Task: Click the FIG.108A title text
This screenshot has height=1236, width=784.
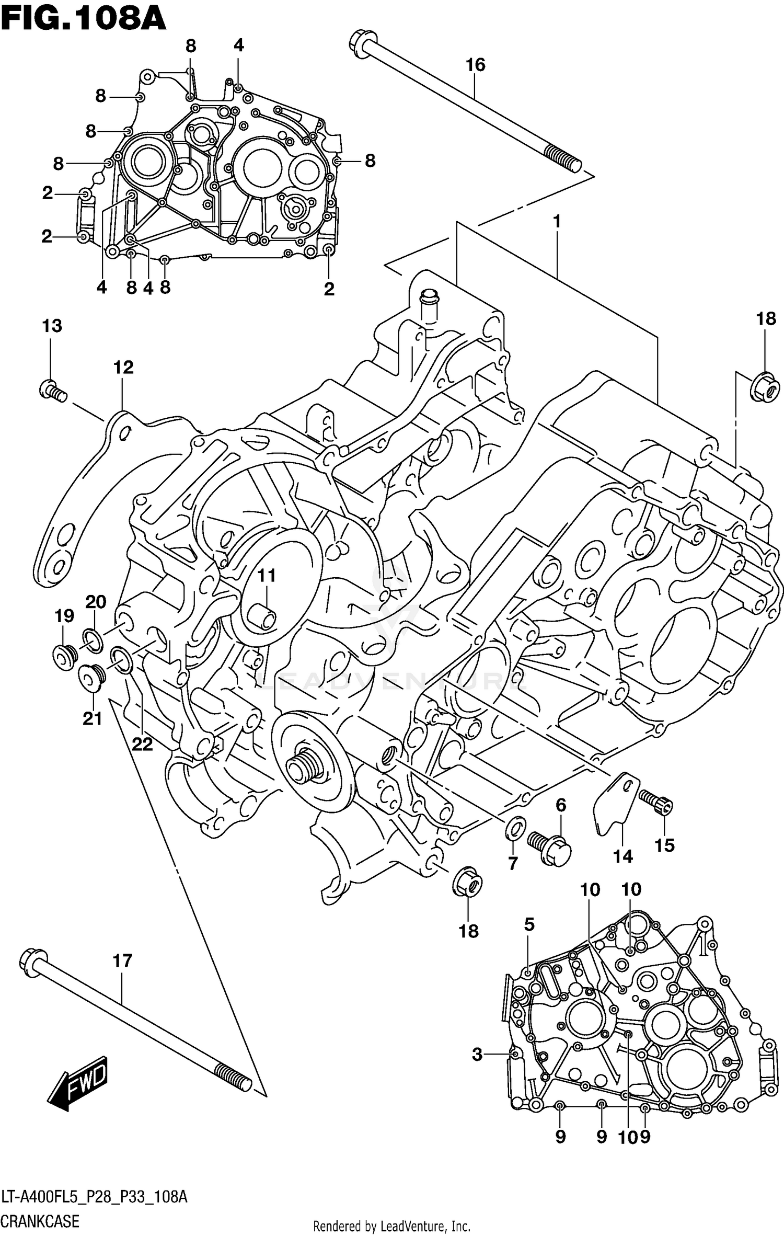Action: [84, 19]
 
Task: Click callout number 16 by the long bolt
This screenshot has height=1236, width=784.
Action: [475, 65]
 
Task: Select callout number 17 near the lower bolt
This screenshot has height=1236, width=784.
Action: [122, 960]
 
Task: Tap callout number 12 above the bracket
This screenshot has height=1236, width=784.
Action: [123, 368]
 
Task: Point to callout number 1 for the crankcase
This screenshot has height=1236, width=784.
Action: [557, 222]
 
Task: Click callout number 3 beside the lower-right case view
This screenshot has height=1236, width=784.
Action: [477, 1055]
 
